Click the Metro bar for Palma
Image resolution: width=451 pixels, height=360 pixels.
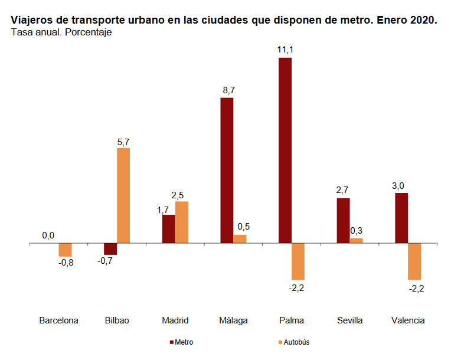(x=285, y=150)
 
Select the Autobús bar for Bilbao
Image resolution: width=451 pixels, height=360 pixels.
(x=123, y=195)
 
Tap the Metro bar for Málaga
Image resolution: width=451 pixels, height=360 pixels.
(x=227, y=170)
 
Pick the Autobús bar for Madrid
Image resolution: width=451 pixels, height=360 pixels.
(x=181, y=222)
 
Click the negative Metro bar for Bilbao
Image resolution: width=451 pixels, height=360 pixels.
(x=110, y=248)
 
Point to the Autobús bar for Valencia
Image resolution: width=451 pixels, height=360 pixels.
(x=414, y=261)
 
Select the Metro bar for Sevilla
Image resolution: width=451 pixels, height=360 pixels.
(x=343, y=220)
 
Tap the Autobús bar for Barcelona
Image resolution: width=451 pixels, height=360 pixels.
(x=65, y=249)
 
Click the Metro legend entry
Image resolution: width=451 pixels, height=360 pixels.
(x=180, y=342)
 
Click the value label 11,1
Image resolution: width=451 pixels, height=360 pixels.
(x=286, y=50)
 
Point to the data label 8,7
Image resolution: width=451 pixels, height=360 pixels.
(x=227, y=90)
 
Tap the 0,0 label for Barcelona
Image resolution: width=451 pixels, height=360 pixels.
(x=48, y=235)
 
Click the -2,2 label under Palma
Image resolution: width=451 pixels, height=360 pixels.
(x=296, y=288)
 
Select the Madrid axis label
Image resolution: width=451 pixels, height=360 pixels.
(x=175, y=320)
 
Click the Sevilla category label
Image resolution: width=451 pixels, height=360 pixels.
(x=350, y=320)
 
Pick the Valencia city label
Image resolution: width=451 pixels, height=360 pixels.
(x=408, y=320)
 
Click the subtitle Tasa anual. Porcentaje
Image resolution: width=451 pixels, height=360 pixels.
(x=61, y=32)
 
